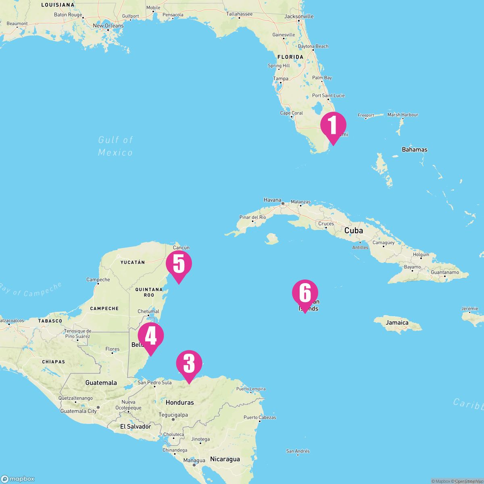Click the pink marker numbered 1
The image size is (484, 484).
[333, 125]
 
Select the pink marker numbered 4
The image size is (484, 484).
[150, 336]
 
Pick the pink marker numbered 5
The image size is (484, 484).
[179, 264]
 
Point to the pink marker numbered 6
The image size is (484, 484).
[305, 293]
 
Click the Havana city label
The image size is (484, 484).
[272, 200]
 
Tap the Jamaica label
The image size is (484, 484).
[397, 323]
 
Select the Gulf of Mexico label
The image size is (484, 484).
[115, 146]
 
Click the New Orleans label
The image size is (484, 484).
[108, 26]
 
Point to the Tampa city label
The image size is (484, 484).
[281, 79]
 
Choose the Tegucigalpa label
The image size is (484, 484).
[173, 415]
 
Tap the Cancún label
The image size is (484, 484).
[181, 248]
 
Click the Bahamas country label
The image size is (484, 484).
[414, 150]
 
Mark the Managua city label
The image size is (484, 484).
[194, 460]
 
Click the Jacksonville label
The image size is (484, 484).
[299, 17]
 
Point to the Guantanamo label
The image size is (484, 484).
[444, 273]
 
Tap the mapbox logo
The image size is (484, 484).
[18, 479]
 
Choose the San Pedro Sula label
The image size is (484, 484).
[154, 382]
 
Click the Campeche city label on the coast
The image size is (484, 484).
[98, 280]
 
